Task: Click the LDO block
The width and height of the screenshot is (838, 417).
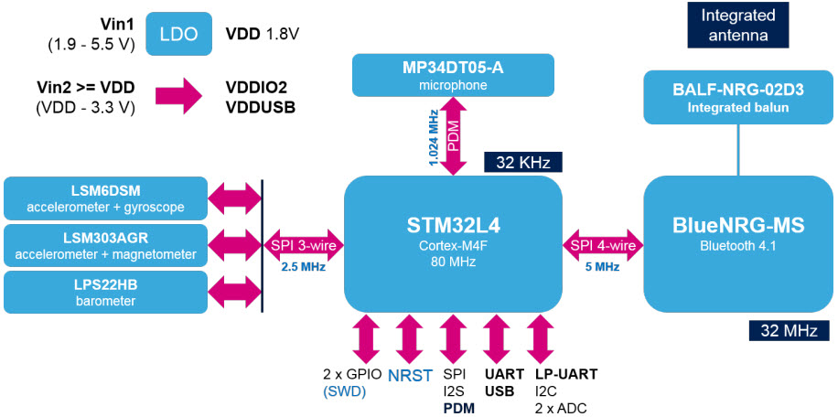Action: coord(178,34)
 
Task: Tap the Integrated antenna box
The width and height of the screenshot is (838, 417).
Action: coord(738,26)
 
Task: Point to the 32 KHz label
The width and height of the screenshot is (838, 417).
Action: coord(522,163)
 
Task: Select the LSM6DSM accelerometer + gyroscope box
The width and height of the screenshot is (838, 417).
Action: coord(105,198)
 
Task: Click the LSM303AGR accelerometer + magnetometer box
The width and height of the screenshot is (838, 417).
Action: coord(105,245)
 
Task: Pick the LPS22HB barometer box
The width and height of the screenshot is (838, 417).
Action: coord(105,292)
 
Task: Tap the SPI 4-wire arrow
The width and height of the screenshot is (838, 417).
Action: coord(602,245)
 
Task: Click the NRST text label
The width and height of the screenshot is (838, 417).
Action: coord(409,375)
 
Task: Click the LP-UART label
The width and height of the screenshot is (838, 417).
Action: coord(566,374)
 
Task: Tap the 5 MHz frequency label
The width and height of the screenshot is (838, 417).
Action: coord(602,267)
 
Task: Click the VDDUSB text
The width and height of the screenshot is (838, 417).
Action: coord(261,106)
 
